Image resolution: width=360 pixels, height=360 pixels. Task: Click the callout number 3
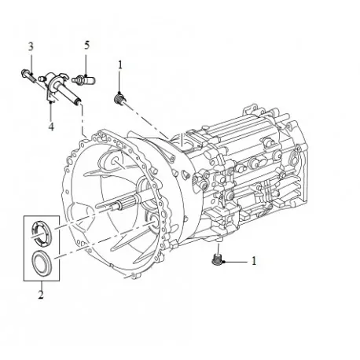click(x=30, y=46)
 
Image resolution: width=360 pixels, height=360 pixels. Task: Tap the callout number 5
click(x=86, y=46)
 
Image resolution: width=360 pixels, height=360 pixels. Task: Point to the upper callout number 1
click(x=119, y=65)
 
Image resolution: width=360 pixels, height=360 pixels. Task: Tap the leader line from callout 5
click(x=86, y=63)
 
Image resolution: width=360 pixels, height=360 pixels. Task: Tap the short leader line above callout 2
click(x=39, y=285)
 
